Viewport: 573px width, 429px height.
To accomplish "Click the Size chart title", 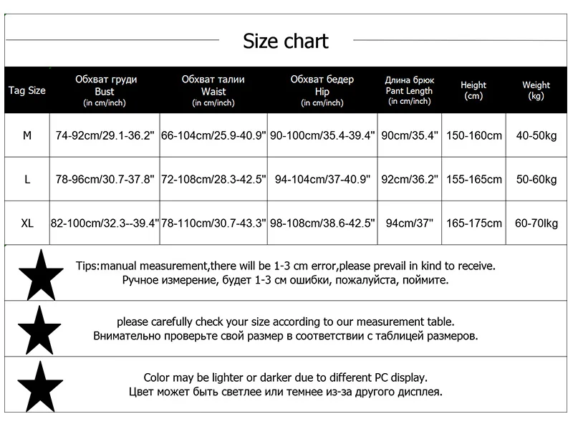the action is click(286, 41).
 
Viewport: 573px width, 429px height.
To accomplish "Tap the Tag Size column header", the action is click(27, 90).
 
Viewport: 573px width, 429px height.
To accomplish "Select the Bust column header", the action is click(105, 90).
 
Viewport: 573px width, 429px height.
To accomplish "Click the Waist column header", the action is click(213, 90).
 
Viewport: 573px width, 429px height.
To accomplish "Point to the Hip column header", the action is click(322, 90).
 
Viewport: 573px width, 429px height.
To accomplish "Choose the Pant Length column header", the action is click(409, 90).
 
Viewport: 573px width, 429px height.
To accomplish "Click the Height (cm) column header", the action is click(473, 90).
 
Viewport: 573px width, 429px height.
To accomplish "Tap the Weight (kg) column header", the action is click(536, 90).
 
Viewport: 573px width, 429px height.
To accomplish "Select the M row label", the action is click(27, 135).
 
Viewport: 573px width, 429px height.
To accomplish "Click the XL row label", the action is click(27, 223).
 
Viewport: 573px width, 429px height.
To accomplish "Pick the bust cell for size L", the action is click(105, 180).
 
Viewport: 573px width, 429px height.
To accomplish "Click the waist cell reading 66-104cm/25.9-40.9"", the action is click(213, 135).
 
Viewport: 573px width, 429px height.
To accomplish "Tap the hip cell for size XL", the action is click(322, 223).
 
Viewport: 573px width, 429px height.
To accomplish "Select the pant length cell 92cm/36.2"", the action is click(410, 180).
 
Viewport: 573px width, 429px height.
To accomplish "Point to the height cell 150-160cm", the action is click(474, 135).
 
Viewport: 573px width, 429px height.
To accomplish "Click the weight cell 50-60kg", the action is click(536, 180).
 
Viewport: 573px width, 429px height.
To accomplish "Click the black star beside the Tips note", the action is click(39, 273).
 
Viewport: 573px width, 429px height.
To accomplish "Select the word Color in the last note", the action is click(157, 377).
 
